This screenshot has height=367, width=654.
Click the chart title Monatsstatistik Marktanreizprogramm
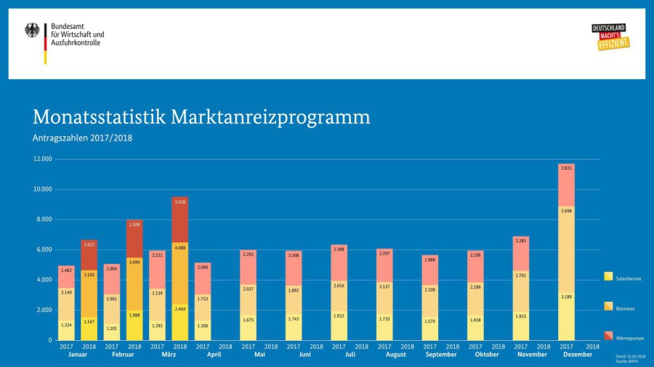point(201,117)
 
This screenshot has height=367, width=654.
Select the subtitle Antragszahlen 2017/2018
point(82,138)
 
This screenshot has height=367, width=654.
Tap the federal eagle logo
point(33,30)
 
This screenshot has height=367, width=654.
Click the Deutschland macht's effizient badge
point(610,37)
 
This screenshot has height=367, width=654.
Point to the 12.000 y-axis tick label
point(42,159)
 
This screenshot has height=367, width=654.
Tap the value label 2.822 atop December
point(566,168)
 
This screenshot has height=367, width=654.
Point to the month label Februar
point(123,355)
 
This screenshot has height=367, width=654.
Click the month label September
point(441,355)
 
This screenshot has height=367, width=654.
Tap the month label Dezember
point(577,355)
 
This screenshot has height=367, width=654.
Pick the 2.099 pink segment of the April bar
point(203,279)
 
